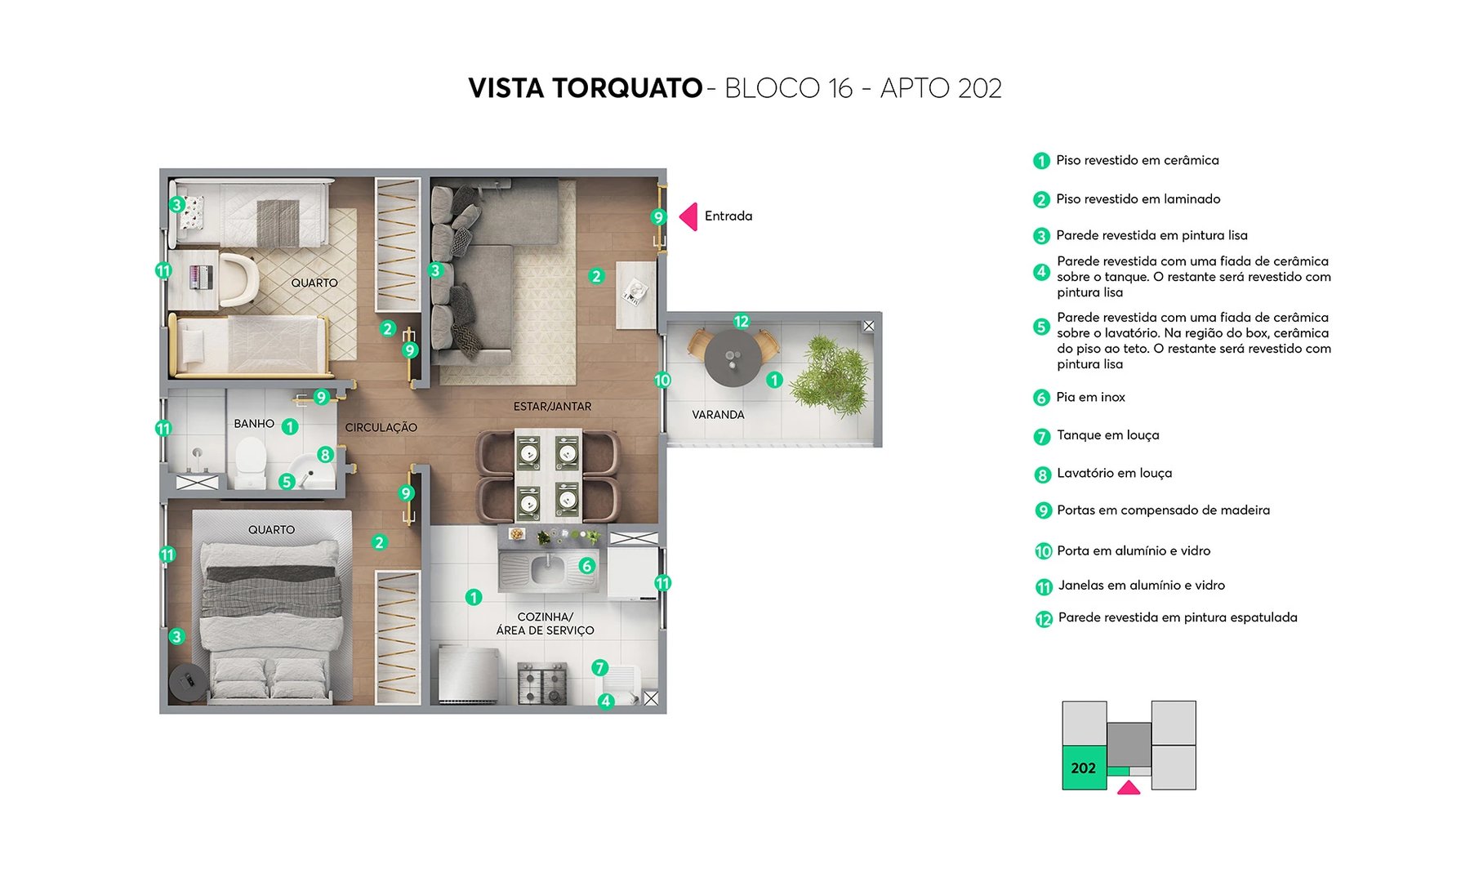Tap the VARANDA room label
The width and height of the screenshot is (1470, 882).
click(718, 415)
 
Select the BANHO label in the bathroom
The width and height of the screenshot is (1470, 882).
click(254, 424)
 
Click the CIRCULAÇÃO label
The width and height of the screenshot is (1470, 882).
click(381, 427)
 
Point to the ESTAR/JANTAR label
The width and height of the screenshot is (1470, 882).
click(552, 406)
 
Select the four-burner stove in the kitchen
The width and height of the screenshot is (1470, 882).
click(543, 684)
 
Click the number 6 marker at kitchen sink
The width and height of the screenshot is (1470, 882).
click(586, 565)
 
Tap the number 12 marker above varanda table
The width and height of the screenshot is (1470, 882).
click(741, 321)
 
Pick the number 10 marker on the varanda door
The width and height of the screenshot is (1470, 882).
click(662, 380)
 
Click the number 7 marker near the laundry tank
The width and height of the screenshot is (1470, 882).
click(600, 667)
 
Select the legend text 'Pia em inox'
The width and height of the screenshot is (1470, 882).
click(1090, 397)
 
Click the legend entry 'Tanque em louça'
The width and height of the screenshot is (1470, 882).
click(1107, 435)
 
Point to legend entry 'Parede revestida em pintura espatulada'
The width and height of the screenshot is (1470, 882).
click(1177, 617)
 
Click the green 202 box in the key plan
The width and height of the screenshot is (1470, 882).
click(1084, 768)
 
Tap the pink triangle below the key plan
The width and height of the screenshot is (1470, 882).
click(1129, 788)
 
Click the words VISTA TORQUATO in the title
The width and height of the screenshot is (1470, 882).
click(585, 88)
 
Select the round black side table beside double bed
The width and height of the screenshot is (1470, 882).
click(188, 681)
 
